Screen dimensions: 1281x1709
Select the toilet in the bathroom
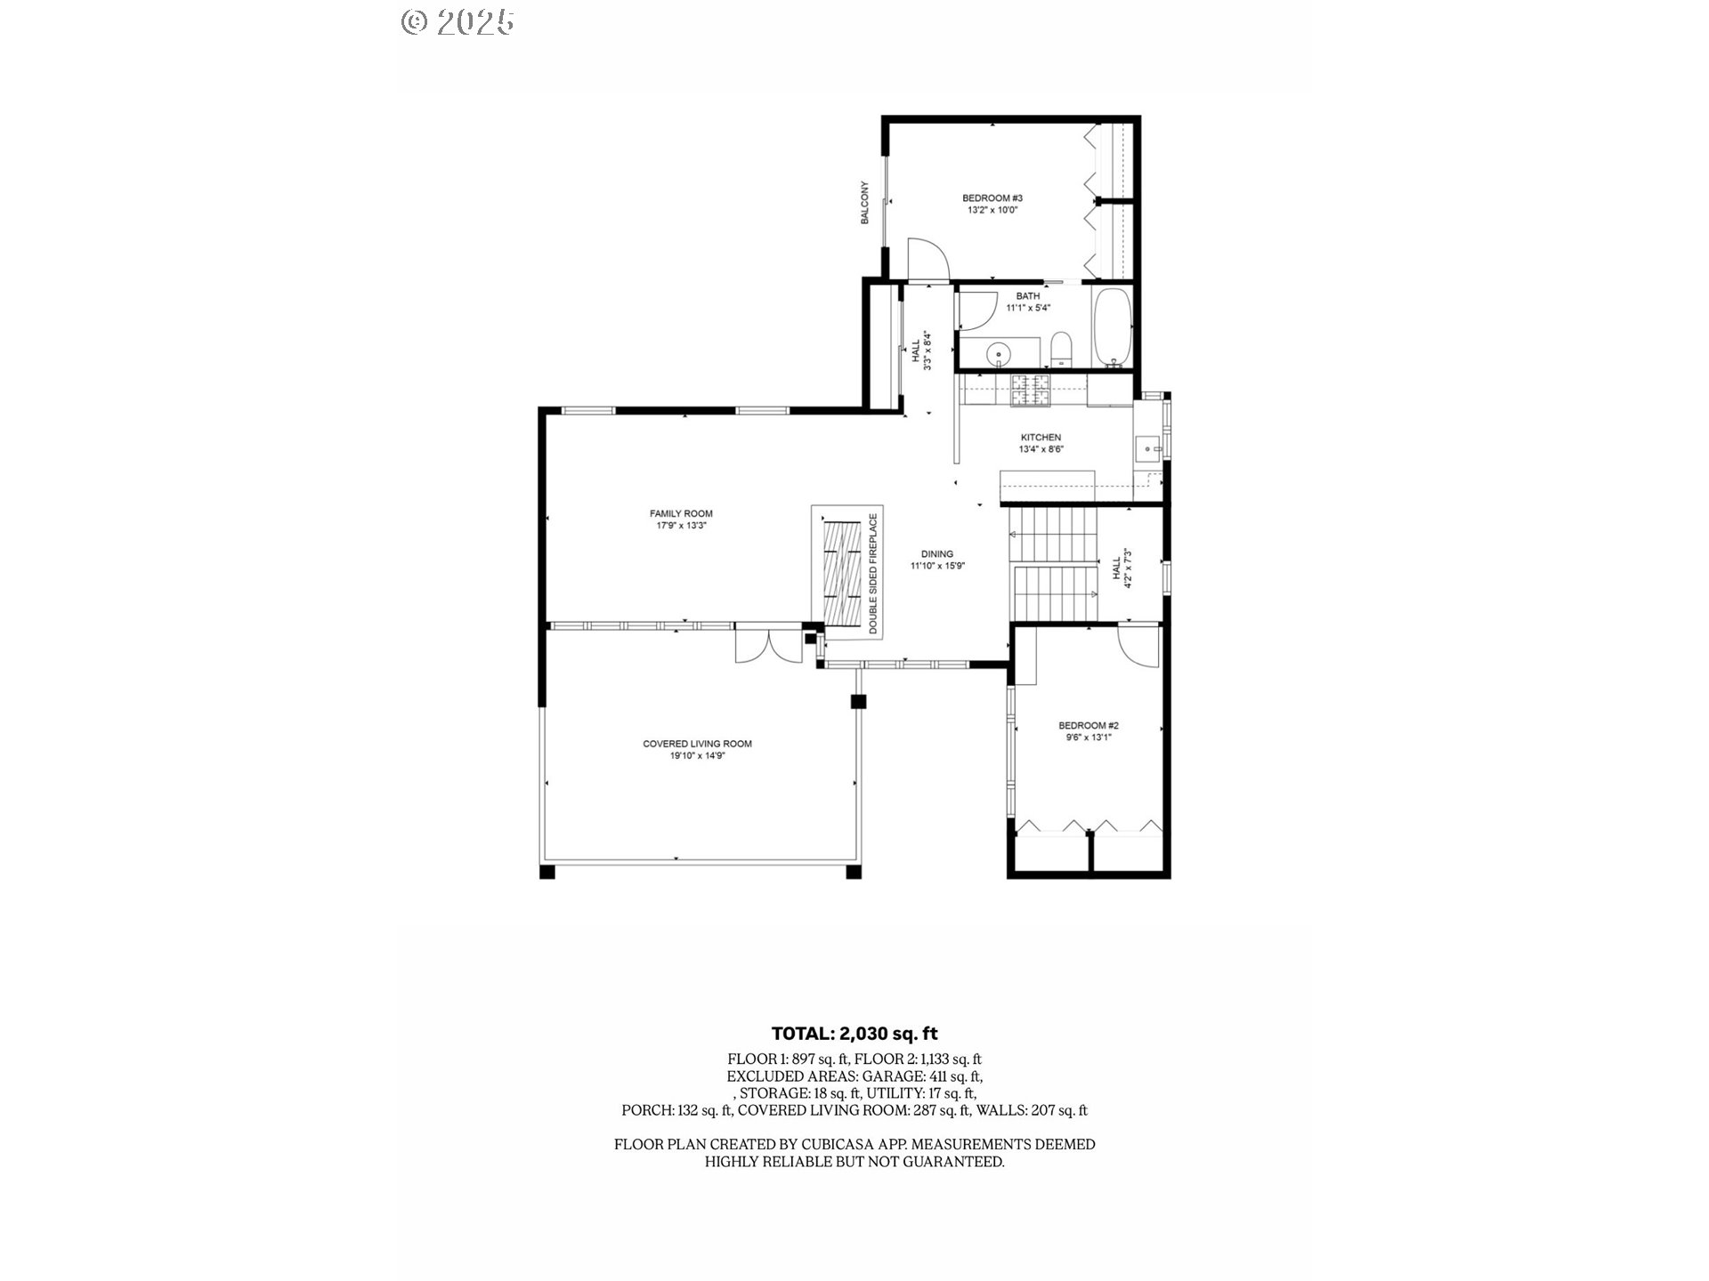pyautogui.click(x=1061, y=350)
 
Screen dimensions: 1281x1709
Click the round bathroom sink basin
pyautogui.click(x=999, y=356)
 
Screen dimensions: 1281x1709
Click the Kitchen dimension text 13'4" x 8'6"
pyautogui.click(x=1041, y=450)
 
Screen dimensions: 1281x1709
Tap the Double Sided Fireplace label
pyautogui.click(x=873, y=573)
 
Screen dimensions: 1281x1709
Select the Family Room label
pyautogui.click(x=681, y=513)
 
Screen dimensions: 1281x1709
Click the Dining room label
pyautogui.click(x=937, y=554)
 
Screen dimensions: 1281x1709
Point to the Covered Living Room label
pyautogui.click(x=697, y=744)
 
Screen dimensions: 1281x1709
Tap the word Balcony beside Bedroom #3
pyautogui.click(x=864, y=203)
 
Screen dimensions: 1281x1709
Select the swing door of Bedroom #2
pyautogui.click(x=1139, y=647)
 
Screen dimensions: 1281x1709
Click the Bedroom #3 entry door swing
pyautogui.click(x=928, y=260)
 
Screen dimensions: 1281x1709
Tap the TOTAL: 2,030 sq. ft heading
pyautogui.click(x=854, y=1034)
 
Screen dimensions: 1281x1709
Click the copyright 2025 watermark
pyautogui.click(x=458, y=22)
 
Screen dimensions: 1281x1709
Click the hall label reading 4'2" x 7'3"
pyautogui.click(x=1122, y=569)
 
